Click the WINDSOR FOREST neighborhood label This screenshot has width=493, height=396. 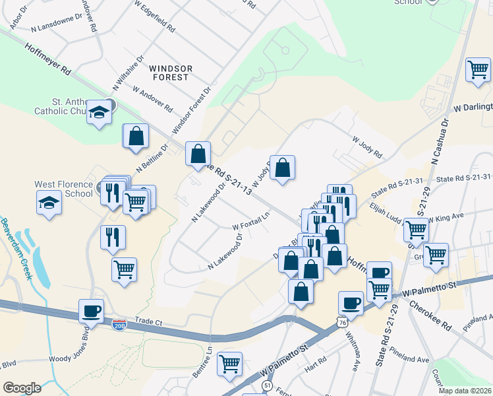pos(171,73)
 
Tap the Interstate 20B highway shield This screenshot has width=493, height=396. pos(119,325)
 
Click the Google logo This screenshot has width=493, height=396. pos(22,387)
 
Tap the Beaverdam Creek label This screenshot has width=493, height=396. pos(16,248)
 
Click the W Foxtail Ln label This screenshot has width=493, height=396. pos(251,220)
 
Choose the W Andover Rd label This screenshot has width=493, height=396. pos(152,98)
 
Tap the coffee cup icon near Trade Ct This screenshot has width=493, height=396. pos(92,310)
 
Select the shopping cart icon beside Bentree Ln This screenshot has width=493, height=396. pos(229,364)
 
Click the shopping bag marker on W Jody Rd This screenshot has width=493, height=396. pos(282,168)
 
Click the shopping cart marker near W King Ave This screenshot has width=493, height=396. pos(416,230)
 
